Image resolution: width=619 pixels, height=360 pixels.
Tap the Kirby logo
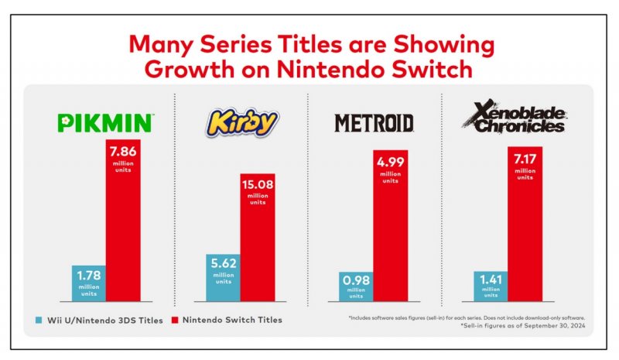point(241,122)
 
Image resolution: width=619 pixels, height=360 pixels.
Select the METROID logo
point(374,123)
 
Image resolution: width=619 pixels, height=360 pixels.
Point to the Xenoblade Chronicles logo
point(515,119)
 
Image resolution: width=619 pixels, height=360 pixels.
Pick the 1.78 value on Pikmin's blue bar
point(87,274)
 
